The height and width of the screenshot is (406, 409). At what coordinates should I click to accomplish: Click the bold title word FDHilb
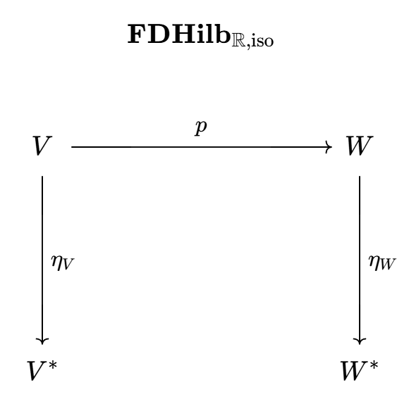tap(179, 34)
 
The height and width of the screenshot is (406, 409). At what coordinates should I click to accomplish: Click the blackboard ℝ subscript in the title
tap(238, 41)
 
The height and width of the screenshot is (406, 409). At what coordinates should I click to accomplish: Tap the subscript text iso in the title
tap(262, 41)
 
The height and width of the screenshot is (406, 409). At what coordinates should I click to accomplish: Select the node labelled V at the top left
tap(42, 146)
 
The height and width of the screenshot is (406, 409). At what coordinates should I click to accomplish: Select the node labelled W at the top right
tap(360, 146)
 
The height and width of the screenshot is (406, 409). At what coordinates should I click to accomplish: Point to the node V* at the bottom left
tap(42, 371)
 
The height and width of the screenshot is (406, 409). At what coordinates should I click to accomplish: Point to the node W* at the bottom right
tap(360, 371)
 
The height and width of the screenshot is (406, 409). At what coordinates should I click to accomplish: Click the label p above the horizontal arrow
tap(201, 127)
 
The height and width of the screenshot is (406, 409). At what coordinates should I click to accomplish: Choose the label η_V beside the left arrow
tap(63, 262)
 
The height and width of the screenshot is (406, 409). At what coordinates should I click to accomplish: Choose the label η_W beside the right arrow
tap(382, 262)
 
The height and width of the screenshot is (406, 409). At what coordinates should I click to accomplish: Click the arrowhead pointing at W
tap(329, 147)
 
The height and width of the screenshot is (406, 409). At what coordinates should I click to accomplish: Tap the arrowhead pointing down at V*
tap(42, 341)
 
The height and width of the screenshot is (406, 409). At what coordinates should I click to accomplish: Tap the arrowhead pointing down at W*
tap(360, 341)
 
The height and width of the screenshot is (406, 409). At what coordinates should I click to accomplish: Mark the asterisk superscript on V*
tap(53, 365)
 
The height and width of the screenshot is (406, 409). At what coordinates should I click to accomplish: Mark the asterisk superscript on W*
tap(374, 365)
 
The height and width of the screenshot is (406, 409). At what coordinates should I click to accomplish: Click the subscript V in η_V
tap(68, 265)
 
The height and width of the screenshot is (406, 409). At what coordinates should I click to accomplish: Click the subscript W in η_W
tap(388, 265)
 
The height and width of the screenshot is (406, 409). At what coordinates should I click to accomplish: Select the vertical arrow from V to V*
tap(42, 260)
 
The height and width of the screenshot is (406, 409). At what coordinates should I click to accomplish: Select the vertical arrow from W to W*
tap(360, 260)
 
